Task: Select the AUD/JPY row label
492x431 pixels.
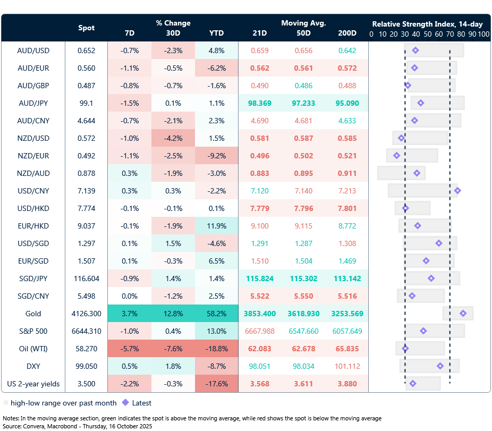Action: (x=33, y=103)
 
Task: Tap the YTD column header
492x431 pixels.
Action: (x=216, y=33)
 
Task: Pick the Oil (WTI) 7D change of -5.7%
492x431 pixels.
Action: (x=129, y=349)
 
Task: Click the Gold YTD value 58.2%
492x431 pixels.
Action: (x=216, y=314)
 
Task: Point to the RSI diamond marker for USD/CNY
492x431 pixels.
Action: (x=457, y=191)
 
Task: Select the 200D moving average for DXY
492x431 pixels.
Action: (x=347, y=366)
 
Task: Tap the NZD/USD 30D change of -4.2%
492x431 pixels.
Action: (x=173, y=138)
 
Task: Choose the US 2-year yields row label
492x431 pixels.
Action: (x=33, y=384)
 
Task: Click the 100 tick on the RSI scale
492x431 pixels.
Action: (x=483, y=34)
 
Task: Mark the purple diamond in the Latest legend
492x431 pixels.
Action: (x=125, y=403)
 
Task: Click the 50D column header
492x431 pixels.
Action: (x=303, y=33)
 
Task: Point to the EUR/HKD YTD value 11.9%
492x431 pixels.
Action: (x=216, y=226)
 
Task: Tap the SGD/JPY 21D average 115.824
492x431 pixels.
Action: (x=260, y=278)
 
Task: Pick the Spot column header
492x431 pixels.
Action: (x=87, y=28)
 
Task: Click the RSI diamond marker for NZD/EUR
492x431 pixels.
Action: (x=396, y=156)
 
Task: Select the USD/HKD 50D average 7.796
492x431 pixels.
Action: (x=303, y=208)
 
